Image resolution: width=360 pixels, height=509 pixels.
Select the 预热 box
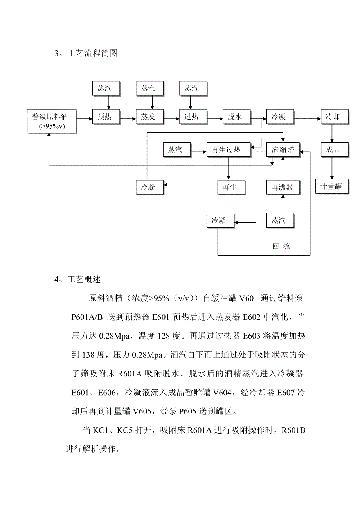[x=105, y=117]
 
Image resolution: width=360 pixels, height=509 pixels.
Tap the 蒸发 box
[x=148, y=117]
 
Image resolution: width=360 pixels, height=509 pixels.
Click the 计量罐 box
[x=331, y=186]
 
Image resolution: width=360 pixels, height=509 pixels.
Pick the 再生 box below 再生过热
[x=232, y=187]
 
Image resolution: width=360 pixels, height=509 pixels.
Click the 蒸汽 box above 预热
[x=105, y=89]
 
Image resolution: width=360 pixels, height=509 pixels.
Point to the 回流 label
[x=281, y=246]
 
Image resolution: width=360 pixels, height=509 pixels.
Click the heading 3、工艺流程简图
[x=86, y=54]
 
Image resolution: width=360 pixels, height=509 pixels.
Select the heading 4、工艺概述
[x=78, y=280]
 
